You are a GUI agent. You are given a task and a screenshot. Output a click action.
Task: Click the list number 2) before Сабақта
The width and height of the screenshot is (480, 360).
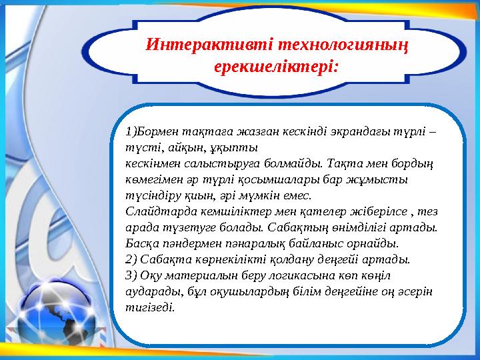coord(131,259)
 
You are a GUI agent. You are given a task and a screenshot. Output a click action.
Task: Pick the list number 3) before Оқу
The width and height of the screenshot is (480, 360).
coord(131,275)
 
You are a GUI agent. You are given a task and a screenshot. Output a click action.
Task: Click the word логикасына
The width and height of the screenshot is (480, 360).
coord(303,275)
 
